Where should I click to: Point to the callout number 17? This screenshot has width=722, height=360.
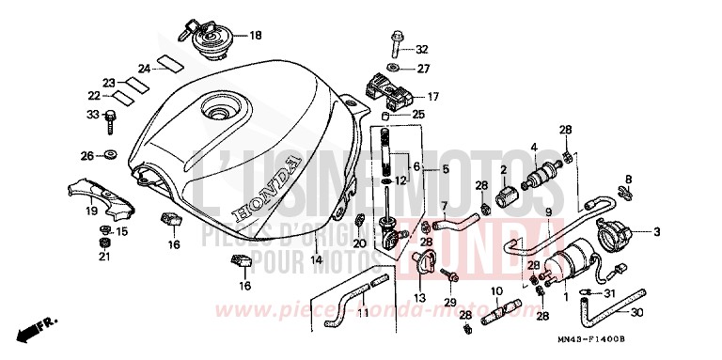point(432,96)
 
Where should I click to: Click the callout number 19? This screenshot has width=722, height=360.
point(91,211)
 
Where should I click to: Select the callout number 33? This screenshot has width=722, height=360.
point(92,115)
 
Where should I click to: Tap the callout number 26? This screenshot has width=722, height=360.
point(86,154)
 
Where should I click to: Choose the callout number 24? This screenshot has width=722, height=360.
point(144,68)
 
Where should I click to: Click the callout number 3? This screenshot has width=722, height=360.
point(657,231)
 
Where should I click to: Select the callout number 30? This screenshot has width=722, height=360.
point(664,314)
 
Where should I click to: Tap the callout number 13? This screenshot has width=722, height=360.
point(419,298)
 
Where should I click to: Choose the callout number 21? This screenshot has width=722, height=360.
point(104,257)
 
